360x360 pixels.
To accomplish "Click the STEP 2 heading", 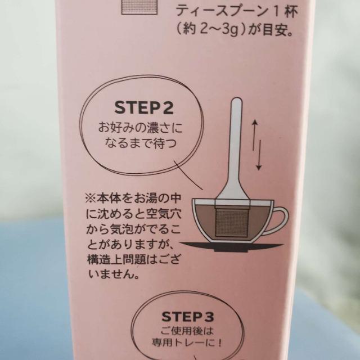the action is (144, 108).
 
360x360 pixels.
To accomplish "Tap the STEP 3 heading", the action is (188, 317).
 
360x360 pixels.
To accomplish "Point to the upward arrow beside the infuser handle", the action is (254, 135).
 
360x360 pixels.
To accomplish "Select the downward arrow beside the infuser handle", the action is (259, 155).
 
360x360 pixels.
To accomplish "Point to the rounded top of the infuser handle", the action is (237, 102).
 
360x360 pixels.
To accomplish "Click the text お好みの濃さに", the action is (140, 128).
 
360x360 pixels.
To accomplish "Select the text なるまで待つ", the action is (141, 143).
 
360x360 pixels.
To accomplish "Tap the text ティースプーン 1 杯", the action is (237, 11).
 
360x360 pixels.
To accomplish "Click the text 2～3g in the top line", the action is (217, 30).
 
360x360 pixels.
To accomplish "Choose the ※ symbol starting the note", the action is (91, 199).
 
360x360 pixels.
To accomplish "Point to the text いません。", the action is (114, 274).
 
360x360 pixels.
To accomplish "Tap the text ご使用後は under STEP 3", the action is (187, 331).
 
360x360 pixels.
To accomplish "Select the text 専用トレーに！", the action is (187, 343).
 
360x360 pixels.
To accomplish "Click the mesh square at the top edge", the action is (139, 7).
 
